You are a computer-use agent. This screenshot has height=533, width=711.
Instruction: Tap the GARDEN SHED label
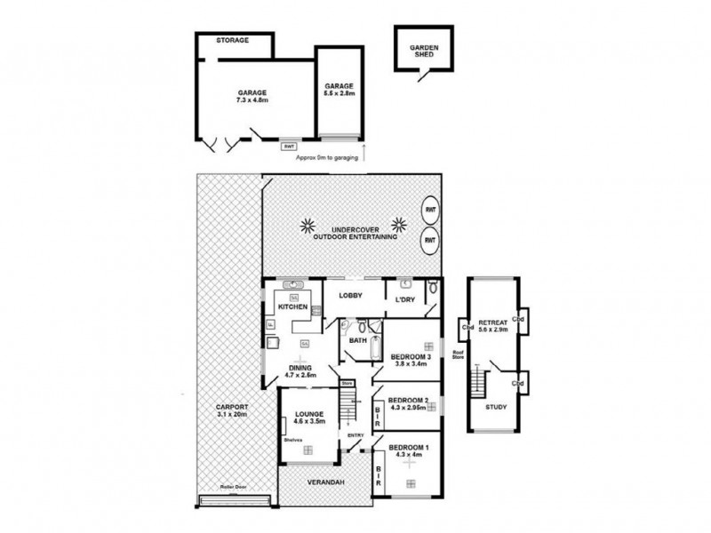coord(423,51)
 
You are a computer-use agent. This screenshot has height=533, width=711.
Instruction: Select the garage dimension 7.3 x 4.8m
coord(252,99)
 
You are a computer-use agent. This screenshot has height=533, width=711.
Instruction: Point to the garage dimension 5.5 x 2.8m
coord(340,93)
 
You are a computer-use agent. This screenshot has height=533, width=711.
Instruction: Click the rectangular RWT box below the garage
coord(288,146)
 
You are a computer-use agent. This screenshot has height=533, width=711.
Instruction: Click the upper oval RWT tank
coord(430,211)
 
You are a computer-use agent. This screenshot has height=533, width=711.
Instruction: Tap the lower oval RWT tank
coord(430,240)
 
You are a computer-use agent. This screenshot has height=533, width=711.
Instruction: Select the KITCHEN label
coord(292,306)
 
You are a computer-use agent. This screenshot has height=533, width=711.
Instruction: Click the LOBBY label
coord(350,296)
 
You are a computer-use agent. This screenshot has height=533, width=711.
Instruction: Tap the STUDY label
coord(496,407)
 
